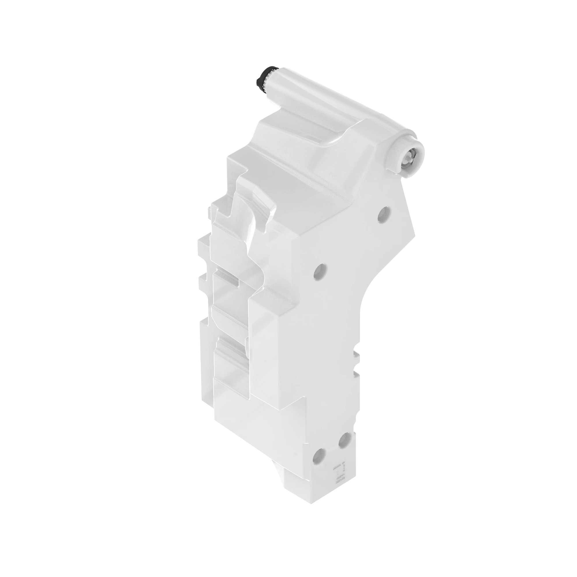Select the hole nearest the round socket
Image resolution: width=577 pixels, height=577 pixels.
(384, 214)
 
